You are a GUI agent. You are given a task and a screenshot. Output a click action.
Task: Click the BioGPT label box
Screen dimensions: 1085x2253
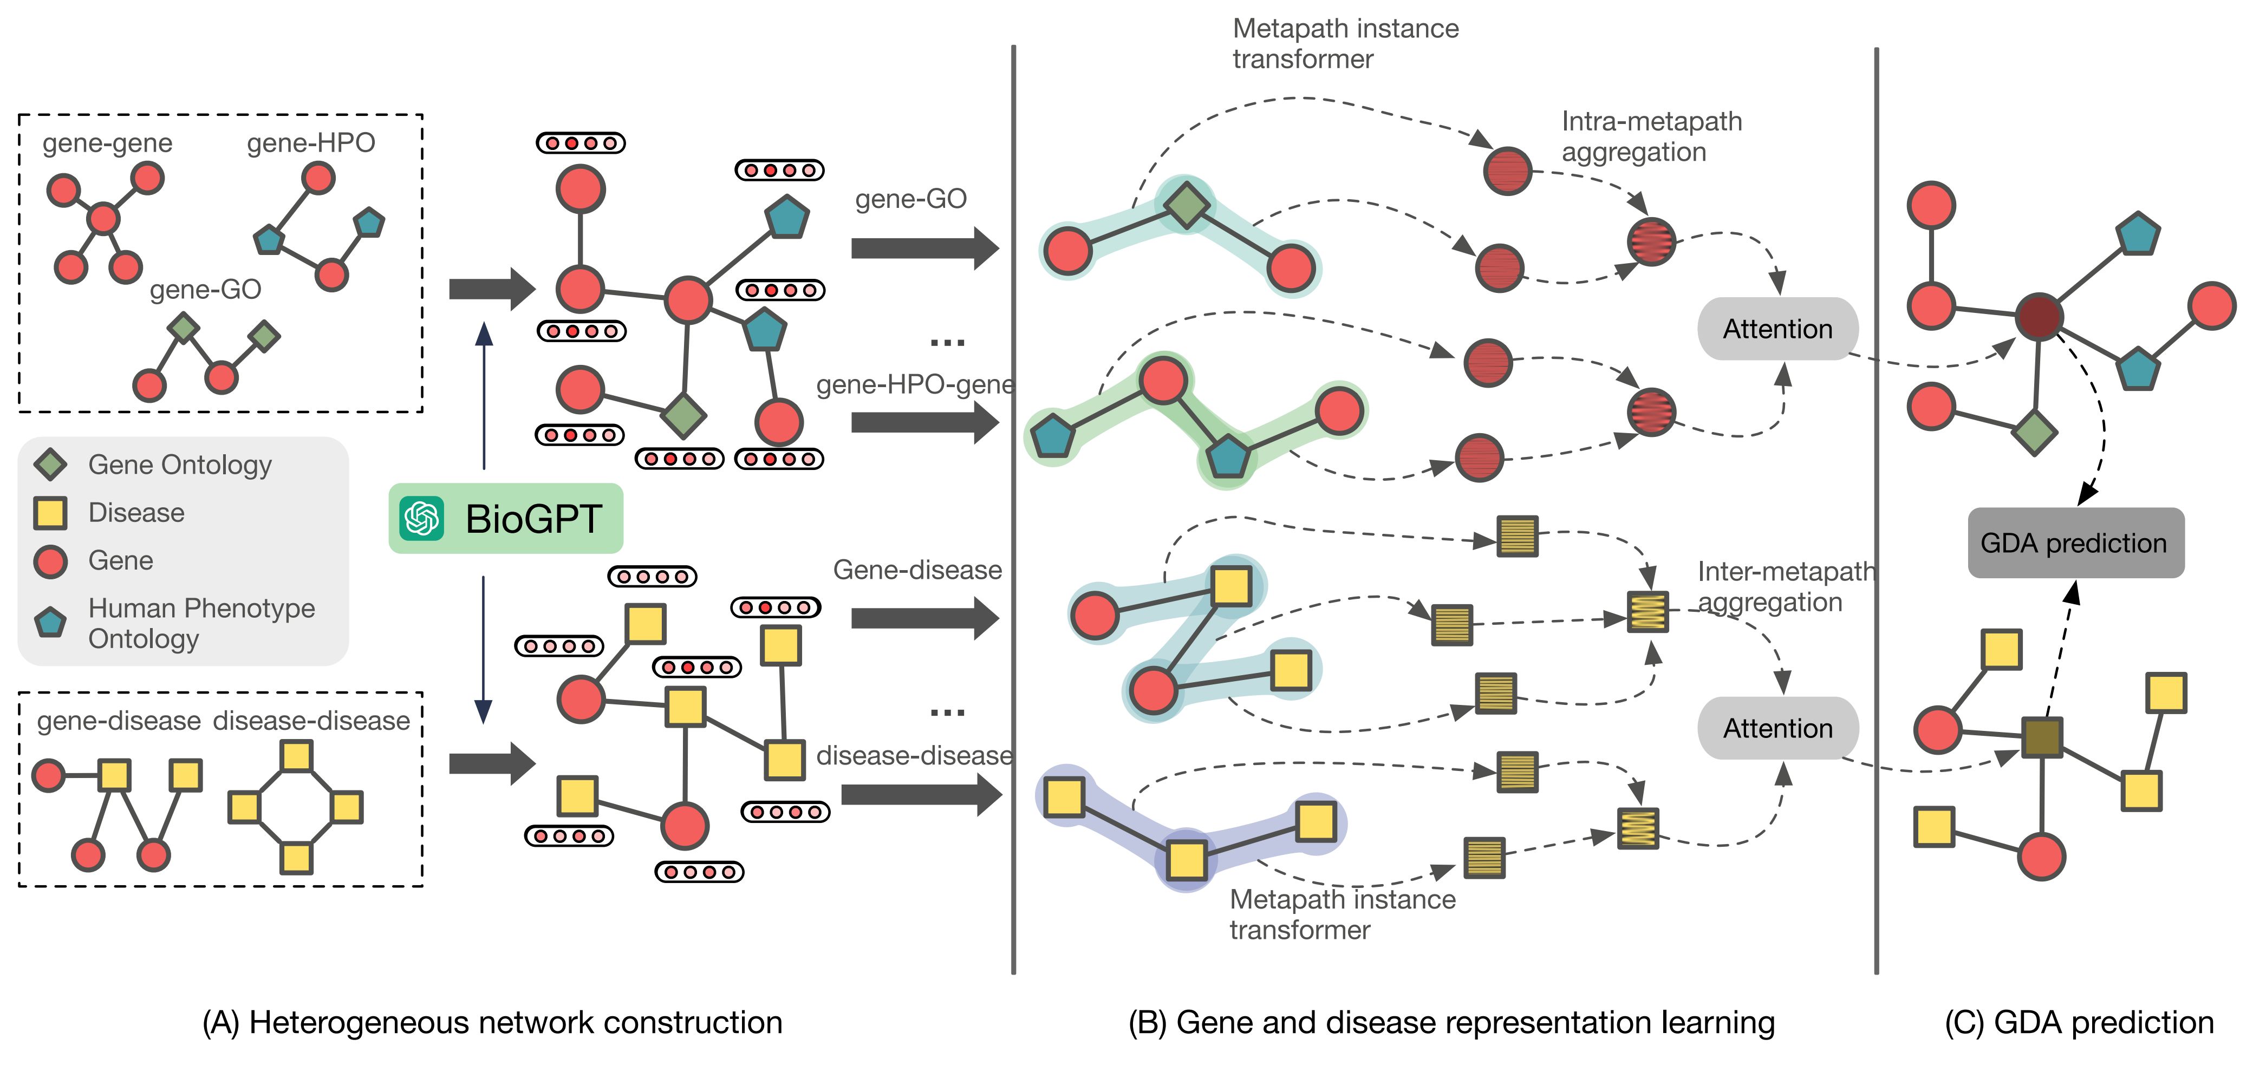[x=505, y=519]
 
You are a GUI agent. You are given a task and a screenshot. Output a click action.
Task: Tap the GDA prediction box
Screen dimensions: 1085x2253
[x=2075, y=543]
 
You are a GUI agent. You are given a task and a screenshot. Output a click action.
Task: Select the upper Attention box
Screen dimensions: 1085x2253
[x=1777, y=329]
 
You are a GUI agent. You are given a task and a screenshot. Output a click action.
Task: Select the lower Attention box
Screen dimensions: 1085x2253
[x=1777, y=728]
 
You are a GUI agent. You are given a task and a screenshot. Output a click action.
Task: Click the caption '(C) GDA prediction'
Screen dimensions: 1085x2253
[x=2078, y=1023]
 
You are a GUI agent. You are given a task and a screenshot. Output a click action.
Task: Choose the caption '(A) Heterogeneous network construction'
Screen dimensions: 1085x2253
[x=492, y=1023]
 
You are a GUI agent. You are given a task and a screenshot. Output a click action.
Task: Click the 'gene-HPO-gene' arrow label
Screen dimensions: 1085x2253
[x=915, y=385]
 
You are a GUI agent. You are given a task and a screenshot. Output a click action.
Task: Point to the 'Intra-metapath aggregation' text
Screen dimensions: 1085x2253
[x=1651, y=136]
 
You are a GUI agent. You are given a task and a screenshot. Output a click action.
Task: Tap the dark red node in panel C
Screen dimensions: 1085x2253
[x=2039, y=317]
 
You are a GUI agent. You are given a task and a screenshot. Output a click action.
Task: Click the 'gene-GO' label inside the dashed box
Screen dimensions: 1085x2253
[x=206, y=290]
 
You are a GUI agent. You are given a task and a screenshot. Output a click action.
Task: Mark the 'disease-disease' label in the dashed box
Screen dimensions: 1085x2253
[x=311, y=721]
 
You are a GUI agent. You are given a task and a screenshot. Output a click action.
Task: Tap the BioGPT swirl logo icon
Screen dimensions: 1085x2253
[x=421, y=519]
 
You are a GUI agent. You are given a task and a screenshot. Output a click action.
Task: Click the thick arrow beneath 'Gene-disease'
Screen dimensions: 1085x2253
[x=923, y=618]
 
